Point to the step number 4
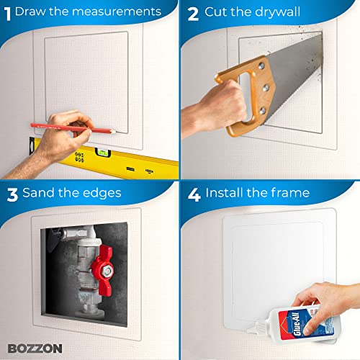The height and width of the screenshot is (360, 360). [x=192, y=192]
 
